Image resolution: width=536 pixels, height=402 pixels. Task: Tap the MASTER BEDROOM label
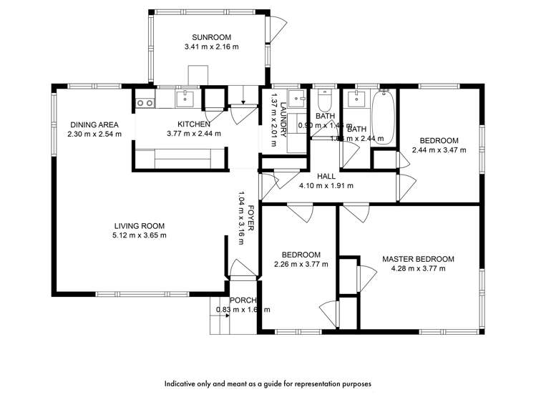point(418,259)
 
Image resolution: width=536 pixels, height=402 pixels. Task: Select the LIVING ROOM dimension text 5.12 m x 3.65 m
point(140,235)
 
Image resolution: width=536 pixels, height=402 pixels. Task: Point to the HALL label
point(327,176)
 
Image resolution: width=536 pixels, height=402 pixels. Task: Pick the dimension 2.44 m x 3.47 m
point(439,150)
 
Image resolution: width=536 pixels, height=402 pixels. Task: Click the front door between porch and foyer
point(242,267)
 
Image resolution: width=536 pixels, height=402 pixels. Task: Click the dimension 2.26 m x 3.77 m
point(301,264)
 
